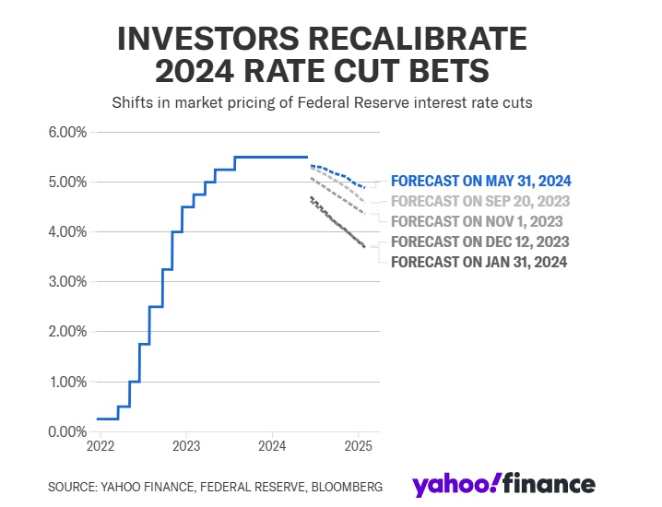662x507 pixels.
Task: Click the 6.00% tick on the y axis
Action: pos(66,132)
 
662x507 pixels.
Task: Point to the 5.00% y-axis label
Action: pos(66,182)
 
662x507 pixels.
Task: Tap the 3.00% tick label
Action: pos(66,281)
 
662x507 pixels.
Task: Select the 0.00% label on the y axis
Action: pos(66,431)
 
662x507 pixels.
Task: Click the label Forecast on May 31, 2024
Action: pos(480,182)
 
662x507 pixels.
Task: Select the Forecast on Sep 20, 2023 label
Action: pos(480,201)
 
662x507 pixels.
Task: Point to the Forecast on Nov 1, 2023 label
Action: pos(477,221)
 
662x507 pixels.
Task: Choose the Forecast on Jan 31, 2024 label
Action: pos(479,262)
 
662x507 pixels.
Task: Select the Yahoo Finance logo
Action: pos(503,485)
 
